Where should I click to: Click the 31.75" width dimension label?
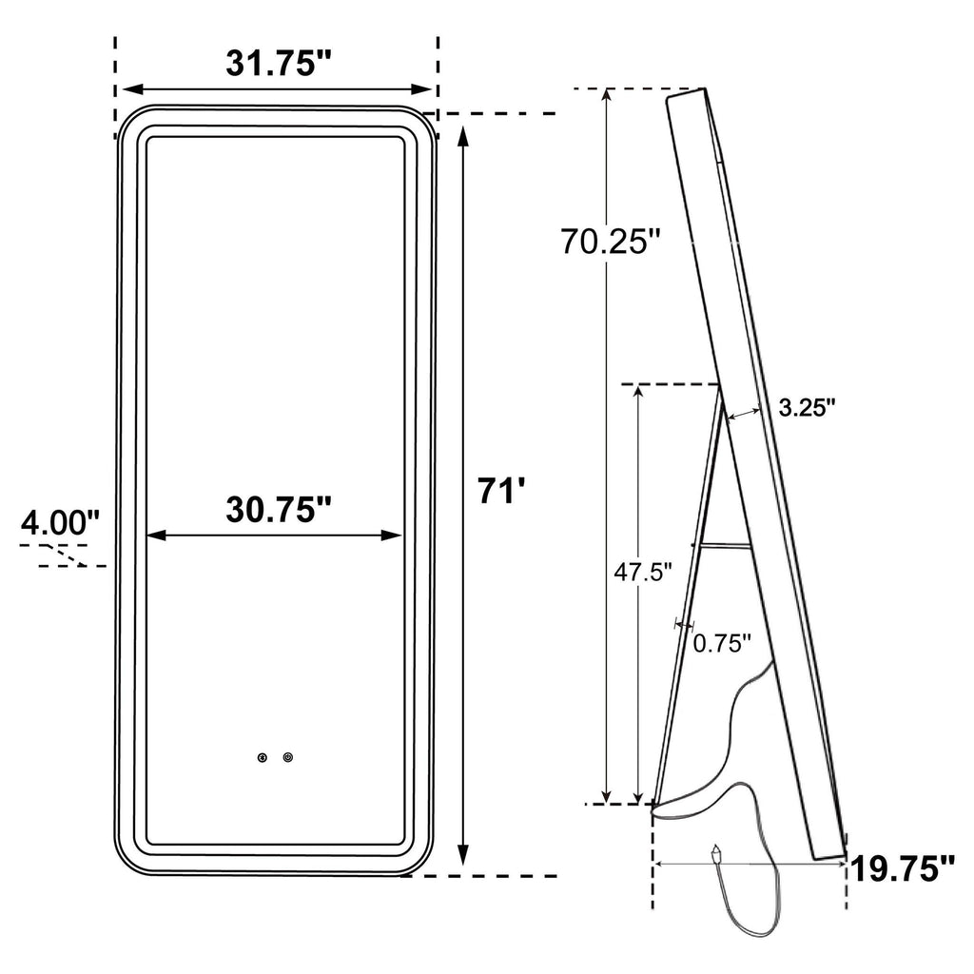[279, 64]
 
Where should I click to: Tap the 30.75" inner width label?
[279, 510]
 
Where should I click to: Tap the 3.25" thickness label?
[808, 408]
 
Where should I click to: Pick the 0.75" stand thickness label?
[723, 644]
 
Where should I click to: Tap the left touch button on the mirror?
[263, 757]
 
